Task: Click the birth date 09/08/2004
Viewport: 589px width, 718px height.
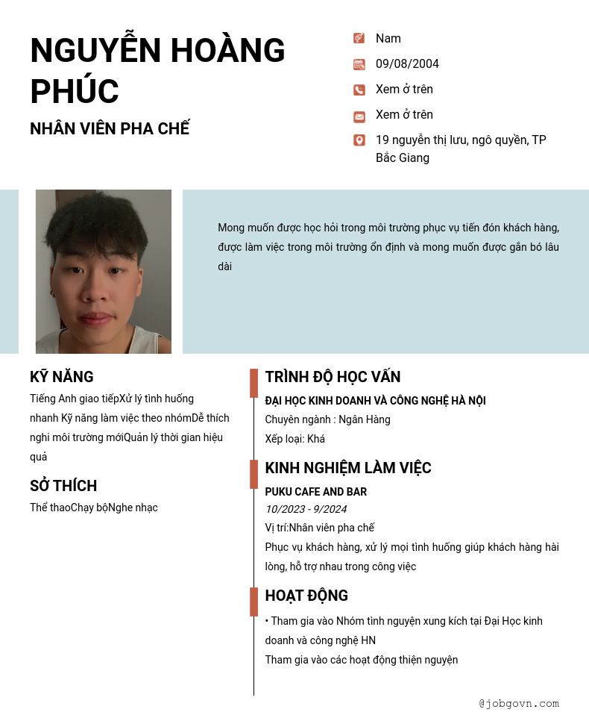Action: pos(407,64)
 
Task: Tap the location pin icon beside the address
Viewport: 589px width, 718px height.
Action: pos(359,140)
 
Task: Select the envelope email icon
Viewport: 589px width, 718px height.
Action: pos(359,116)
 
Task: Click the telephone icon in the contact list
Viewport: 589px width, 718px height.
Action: pos(359,90)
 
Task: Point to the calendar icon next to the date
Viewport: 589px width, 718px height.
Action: pos(359,64)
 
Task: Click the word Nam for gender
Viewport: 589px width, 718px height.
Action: pos(388,39)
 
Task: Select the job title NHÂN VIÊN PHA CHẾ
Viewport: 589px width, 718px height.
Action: pos(110,128)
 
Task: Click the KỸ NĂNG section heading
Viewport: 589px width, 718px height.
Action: pos(62,377)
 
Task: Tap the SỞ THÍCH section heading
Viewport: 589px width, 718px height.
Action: pos(63,486)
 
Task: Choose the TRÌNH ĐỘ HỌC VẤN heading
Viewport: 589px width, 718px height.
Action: pos(333,377)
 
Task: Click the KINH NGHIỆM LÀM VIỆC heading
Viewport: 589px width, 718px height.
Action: pos(348,468)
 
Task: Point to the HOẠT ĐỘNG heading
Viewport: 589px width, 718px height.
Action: pos(306,596)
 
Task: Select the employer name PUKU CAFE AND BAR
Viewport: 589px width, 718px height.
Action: pos(316,492)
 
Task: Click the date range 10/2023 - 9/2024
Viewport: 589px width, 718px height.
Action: pos(306,509)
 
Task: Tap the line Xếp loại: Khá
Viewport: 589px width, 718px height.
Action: pos(295,439)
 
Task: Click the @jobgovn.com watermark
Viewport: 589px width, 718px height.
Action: pos(519,703)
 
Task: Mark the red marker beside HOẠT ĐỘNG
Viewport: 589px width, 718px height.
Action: pos(253,602)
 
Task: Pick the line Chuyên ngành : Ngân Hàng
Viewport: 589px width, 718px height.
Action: pos(327,419)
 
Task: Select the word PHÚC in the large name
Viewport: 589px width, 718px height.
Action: pos(75,91)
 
